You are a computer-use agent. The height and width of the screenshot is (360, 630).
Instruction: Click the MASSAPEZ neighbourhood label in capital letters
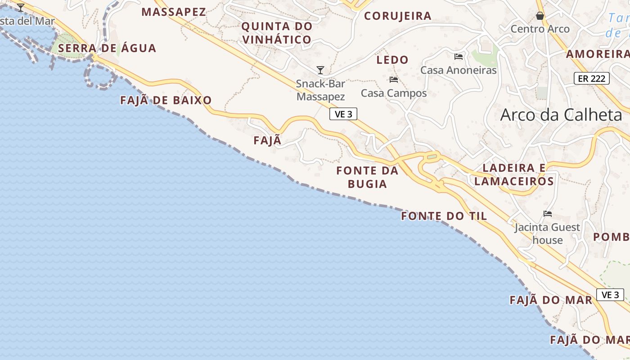(x=174, y=12)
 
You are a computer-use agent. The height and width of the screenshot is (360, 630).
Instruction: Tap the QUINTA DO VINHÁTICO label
(x=277, y=33)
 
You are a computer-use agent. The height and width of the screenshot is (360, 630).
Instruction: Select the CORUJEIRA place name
(x=398, y=16)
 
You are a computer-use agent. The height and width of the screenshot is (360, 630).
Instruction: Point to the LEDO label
(x=392, y=60)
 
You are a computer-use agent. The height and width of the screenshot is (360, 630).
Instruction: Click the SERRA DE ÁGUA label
(x=107, y=48)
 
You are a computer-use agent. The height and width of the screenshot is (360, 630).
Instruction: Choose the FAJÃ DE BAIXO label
(x=166, y=100)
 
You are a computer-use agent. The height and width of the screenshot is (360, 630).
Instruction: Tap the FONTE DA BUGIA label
(x=368, y=177)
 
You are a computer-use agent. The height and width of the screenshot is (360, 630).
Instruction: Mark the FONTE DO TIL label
(x=444, y=216)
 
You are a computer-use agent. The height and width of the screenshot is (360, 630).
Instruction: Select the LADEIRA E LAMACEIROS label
(x=514, y=175)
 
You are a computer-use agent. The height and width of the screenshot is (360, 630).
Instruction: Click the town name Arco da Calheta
(x=561, y=115)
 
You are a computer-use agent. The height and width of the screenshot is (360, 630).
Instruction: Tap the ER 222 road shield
(x=592, y=79)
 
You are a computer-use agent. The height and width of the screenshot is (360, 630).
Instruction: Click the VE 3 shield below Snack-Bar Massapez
(x=343, y=114)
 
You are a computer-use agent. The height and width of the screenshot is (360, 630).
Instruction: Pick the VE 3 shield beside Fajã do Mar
(x=610, y=295)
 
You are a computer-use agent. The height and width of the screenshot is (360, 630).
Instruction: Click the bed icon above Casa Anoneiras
(x=459, y=56)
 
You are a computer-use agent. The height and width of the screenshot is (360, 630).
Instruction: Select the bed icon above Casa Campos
(x=394, y=80)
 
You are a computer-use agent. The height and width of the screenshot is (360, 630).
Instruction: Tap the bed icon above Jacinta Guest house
(x=548, y=214)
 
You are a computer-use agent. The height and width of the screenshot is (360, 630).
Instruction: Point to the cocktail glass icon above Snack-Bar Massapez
(x=320, y=70)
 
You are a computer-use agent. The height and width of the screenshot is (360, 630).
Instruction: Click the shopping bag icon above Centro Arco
(x=540, y=16)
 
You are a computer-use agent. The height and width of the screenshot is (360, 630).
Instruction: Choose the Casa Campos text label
(x=394, y=93)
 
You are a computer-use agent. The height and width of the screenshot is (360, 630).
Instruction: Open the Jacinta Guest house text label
(x=547, y=234)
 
